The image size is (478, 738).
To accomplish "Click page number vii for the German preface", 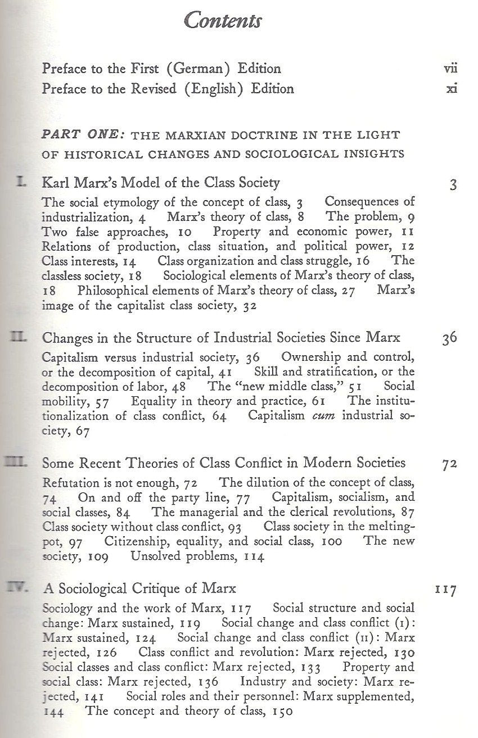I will [x=450, y=69].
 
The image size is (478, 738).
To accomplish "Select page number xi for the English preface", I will [x=450, y=89].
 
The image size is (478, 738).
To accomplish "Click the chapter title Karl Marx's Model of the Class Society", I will [x=161, y=183].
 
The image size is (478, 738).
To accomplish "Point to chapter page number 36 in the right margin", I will [x=449, y=338].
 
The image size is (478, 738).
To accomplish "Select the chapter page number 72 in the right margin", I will [x=449, y=464].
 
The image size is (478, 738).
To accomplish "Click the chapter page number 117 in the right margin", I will [x=445, y=590].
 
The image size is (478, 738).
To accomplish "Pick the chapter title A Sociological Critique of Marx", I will [x=139, y=589].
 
